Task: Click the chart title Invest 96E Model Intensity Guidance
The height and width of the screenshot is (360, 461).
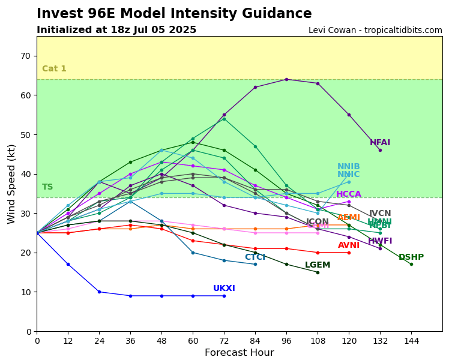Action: (x=174, y=14)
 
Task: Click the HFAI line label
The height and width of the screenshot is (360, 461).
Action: (x=380, y=143)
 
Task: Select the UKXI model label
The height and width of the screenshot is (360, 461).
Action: (x=224, y=289)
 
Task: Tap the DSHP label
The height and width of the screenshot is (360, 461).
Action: (x=411, y=257)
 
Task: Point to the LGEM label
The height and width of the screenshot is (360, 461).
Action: (x=318, y=265)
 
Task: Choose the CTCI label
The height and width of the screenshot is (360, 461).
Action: (x=255, y=257)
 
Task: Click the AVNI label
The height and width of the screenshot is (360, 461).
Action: (x=349, y=245)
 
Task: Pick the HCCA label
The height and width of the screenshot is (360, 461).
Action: (x=349, y=194)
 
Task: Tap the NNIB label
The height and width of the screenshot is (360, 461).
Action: (x=349, y=167)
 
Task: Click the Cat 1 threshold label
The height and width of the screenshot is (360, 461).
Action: (x=54, y=69)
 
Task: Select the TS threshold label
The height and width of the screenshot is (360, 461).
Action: (x=47, y=187)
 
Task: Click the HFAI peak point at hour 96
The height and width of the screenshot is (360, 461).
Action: (x=286, y=79)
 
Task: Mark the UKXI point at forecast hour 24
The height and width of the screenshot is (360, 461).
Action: (x=99, y=292)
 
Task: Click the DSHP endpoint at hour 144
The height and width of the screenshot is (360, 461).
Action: (x=411, y=264)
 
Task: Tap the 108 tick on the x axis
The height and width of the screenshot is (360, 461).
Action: (x=318, y=341)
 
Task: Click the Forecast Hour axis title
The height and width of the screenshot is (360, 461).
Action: (x=239, y=353)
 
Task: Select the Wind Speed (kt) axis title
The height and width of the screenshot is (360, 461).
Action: (x=12, y=184)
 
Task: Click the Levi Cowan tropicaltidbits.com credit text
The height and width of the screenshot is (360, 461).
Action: (x=375, y=31)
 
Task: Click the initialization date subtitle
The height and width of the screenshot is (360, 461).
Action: (x=116, y=30)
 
